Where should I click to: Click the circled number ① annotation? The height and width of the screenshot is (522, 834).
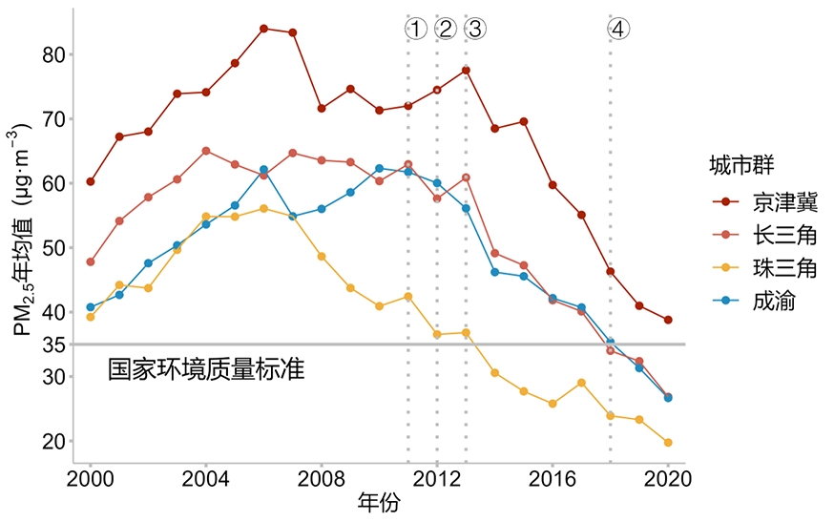coord(415,29)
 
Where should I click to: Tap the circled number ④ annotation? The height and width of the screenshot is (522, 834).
coord(618,29)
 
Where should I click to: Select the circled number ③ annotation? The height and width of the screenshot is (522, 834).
coord(474,29)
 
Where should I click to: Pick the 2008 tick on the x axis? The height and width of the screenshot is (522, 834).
coord(322,477)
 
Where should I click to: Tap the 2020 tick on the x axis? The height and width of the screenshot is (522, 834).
coord(668,477)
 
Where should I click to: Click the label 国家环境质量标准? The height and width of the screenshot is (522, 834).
coord(206,369)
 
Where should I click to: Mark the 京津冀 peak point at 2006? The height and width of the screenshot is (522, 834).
coord(263,29)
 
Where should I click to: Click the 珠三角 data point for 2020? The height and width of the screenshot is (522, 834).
coord(668,443)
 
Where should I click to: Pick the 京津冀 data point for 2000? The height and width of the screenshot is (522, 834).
coord(91,181)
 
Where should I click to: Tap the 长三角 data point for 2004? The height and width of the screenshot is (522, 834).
coord(206,151)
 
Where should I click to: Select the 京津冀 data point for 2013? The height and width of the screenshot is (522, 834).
coord(466,71)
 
